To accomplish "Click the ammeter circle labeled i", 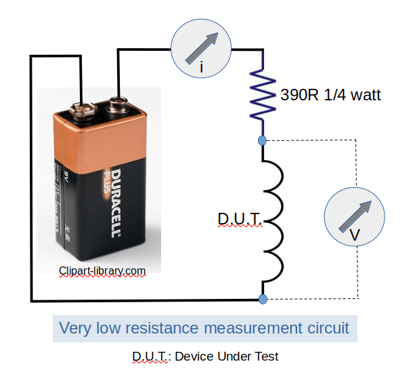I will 201,48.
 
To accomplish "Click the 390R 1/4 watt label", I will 331,95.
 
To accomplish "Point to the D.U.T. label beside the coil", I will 239,219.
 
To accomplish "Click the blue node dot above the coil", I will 263,140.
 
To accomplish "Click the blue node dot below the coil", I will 263,299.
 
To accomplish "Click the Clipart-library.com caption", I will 102,270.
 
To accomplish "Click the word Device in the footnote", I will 194,356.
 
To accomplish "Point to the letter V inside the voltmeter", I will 354,235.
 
